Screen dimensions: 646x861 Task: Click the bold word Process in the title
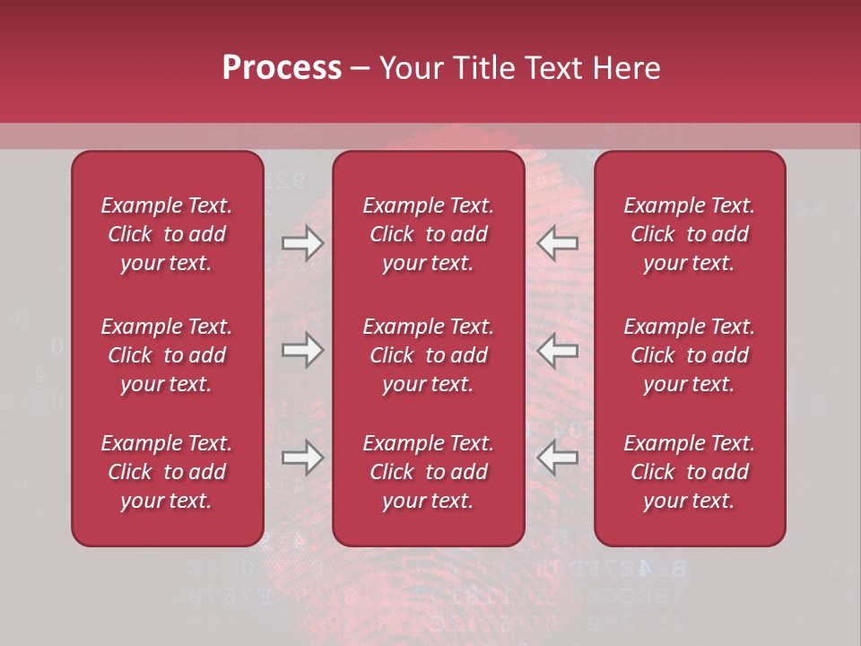(282, 68)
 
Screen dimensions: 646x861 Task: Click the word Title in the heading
(482, 68)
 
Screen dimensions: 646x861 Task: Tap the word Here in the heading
(628, 68)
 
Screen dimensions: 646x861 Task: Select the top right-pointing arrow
(303, 243)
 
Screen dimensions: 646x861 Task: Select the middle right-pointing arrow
(303, 350)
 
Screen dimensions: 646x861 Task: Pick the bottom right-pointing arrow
(303, 457)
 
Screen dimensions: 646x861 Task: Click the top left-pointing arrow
(558, 243)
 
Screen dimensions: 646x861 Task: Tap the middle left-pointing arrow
(558, 350)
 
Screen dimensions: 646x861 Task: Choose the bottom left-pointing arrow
(558, 457)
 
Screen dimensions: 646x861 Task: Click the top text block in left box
(167, 234)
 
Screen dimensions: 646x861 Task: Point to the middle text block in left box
(167, 355)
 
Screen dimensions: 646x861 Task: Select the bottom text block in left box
(167, 472)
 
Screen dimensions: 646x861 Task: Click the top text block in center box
(429, 234)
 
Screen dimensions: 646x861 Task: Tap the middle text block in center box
(429, 355)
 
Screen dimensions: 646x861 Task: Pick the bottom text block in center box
(429, 472)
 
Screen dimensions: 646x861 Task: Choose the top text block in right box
(690, 234)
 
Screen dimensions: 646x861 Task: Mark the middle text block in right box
(690, 355)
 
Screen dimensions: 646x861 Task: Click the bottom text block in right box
(690, 472)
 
